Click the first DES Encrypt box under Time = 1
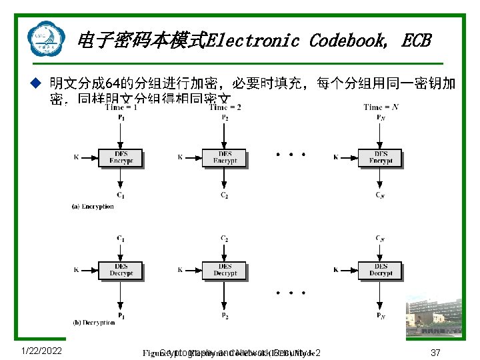(x=121, y=158)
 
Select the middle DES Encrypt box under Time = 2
(x=225, y=158)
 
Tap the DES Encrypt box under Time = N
(x=381, y=158)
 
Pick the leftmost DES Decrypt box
(x=121, y=270)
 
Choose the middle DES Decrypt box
(x=225, y=270)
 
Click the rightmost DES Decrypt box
(x=381, y=270)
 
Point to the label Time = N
(x=382, y=107)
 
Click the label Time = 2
(x=225, y=107)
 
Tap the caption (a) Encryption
(x=93, y=207)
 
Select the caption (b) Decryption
(x=93, y=323)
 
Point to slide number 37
(x=436, y=352)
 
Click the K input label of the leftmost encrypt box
(x=76, y=158)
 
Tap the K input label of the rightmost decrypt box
(x=336, y=270)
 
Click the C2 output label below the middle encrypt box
(x=225, y=195)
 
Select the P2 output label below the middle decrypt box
(x=225, y=315)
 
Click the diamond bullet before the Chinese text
(x=37, y=84)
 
